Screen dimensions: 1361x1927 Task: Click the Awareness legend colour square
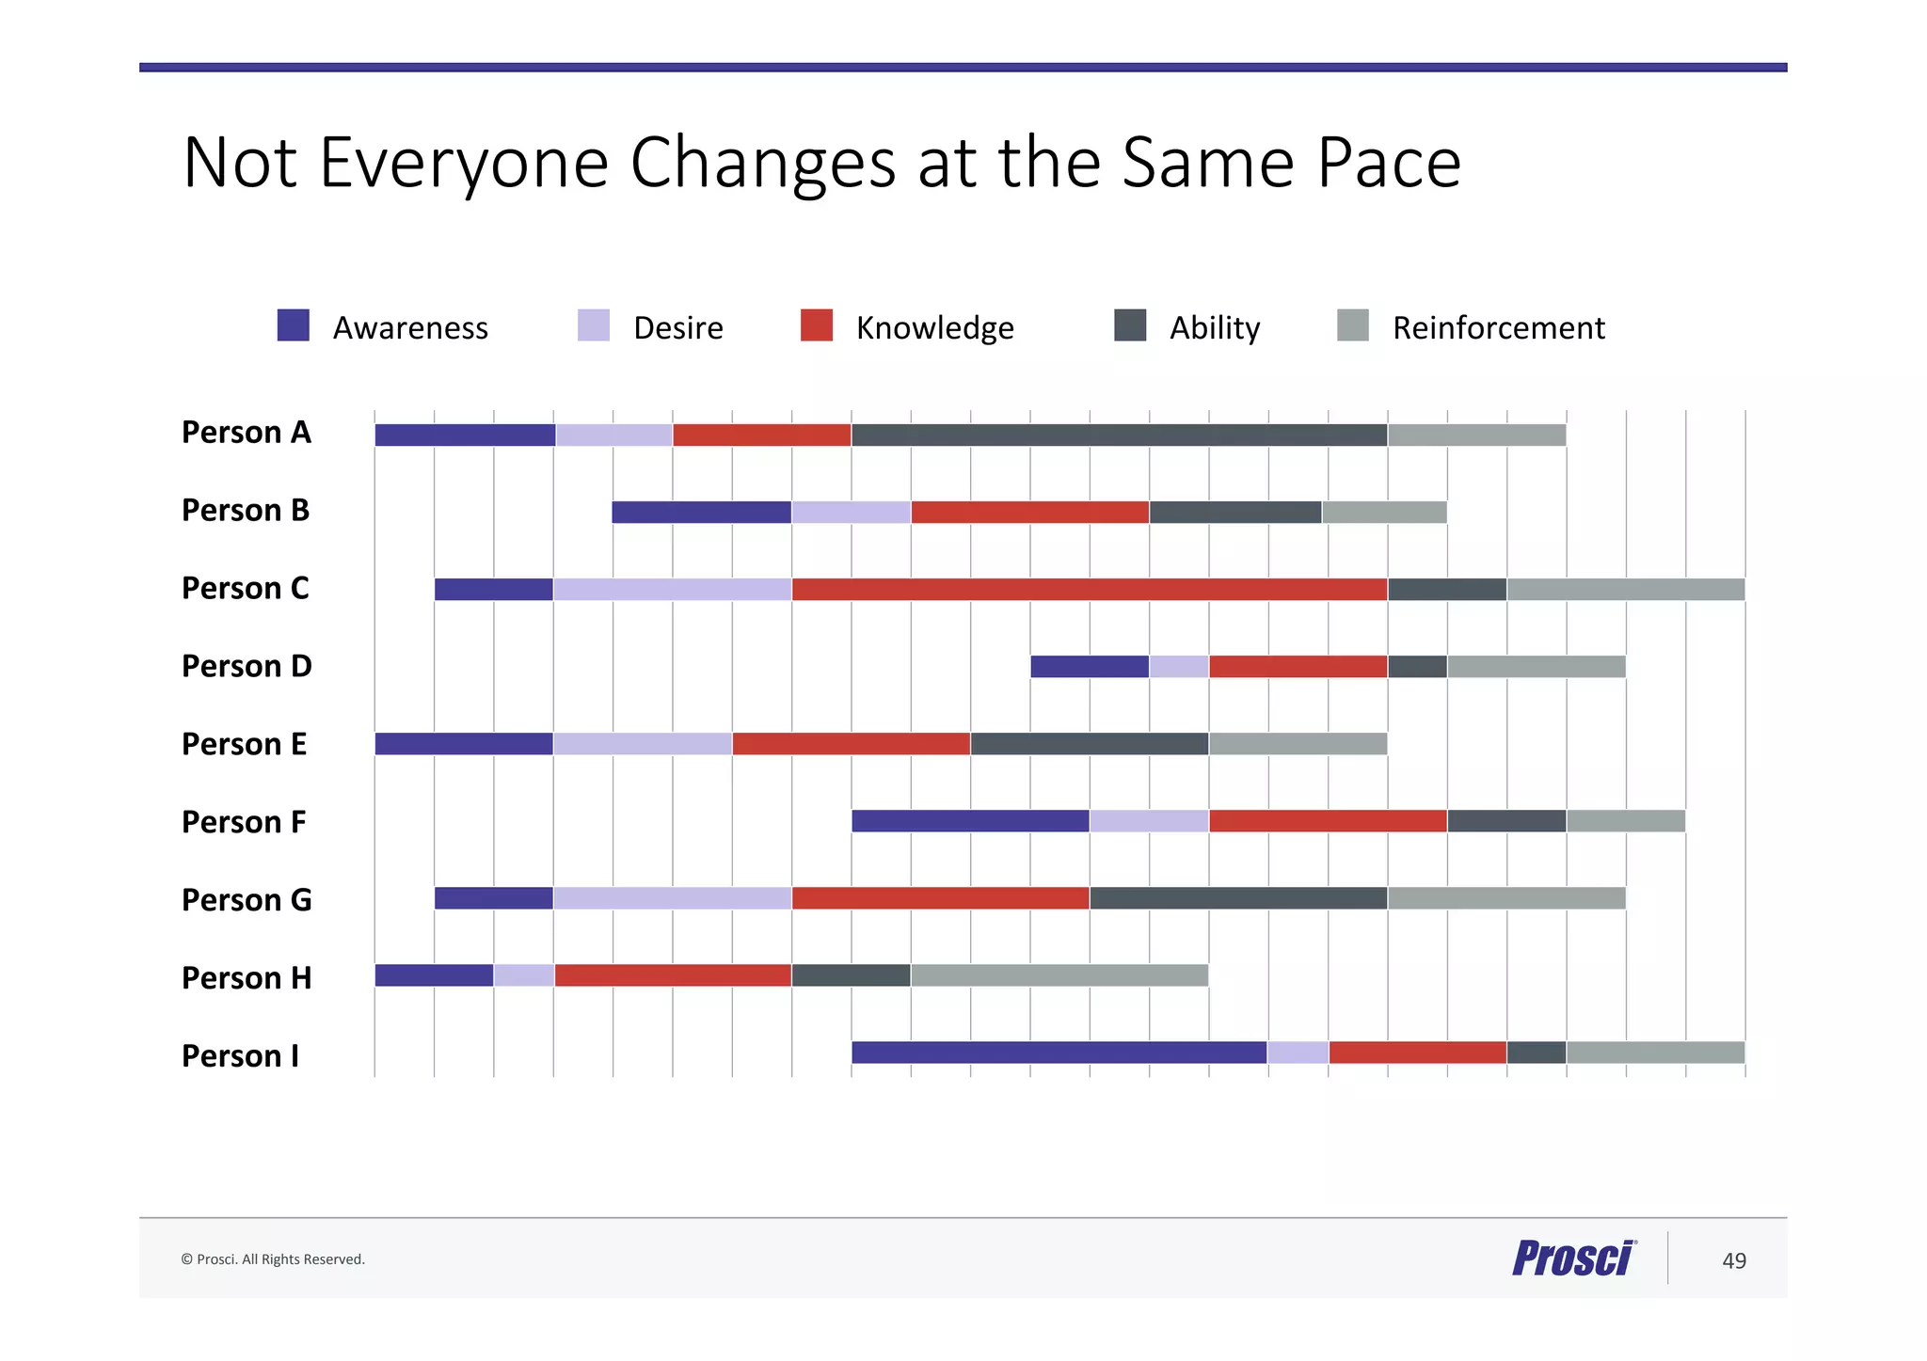[294, 325]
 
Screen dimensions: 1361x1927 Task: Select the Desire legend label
[677, 328]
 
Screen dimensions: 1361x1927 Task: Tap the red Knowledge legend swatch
[816, 325]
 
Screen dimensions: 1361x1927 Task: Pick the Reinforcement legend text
[1498, 328]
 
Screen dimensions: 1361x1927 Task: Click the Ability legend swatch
[1130, 325]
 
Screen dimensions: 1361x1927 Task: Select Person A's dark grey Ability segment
[1119, 435]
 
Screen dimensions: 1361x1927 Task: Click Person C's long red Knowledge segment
[1089, 590]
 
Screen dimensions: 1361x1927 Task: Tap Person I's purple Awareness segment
[1059, 1052]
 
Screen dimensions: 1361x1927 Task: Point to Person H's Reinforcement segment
[1059, 975]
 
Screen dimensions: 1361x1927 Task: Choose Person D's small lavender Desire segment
[1178, 667]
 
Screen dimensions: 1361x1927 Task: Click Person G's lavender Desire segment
[672, 898]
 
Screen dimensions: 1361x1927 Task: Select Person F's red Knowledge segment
[1327, 821]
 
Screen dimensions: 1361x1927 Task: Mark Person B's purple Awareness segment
[701, 513]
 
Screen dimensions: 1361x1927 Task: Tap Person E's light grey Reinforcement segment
[1298, 744]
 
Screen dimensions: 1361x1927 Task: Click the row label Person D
[247, 666]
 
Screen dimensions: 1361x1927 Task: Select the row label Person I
[240, 1056]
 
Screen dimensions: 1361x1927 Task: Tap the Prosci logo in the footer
[1573, 1258]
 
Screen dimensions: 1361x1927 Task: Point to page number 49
[1733, 1260]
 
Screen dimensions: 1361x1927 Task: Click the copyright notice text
[273, 1259]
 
